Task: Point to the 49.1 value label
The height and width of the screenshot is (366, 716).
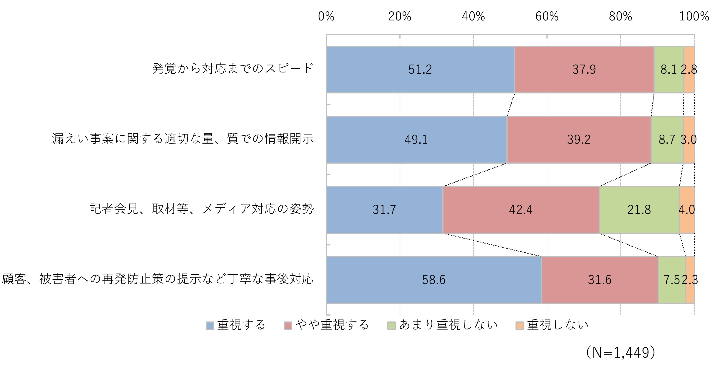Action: click(416, 139)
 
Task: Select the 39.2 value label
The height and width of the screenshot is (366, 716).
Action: click(579, 139)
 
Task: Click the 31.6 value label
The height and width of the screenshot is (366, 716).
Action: click(600, 280)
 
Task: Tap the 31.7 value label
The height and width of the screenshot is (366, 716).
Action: click(384, 209)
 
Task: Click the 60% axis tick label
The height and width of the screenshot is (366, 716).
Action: click(547, 16)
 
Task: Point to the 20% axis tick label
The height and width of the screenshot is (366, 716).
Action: click(400, 16)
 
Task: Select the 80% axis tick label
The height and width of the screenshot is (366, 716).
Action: click(620, 16)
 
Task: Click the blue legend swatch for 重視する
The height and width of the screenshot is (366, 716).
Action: click(210, 325)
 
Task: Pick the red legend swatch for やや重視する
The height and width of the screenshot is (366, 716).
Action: click(288, 325)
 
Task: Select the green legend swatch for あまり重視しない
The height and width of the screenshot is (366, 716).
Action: click(391, 325)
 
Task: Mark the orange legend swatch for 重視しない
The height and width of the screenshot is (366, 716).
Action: click(519, 325)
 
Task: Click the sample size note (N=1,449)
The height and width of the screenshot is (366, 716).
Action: click(620, 353)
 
